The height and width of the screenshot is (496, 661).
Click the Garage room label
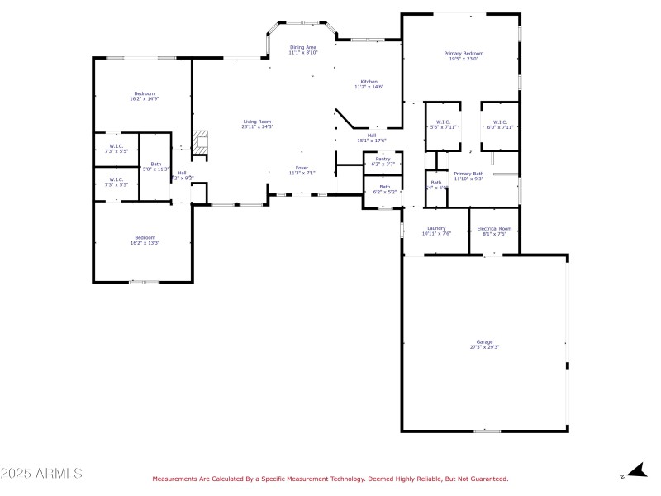[x=484, y=341]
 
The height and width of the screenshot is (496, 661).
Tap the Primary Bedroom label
[x=466, y=54]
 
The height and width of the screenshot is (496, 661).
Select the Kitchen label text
[x=369, y=82]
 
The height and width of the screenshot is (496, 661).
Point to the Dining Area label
[x=303, y=48]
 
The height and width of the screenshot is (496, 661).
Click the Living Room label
[x=257, y=122]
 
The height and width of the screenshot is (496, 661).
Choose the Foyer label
[x=302, y=168]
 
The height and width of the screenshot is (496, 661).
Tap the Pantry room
[x=383, y=161]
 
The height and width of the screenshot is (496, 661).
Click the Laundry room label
[x=436, y=229]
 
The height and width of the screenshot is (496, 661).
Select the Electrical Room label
[x=494, y=229]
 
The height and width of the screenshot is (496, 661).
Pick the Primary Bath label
[x=468, y=174]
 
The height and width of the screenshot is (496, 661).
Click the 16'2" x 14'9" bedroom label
[x=145, y=94]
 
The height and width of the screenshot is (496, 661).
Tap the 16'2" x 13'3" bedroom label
[x=145, y=238]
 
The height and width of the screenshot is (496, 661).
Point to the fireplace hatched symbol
[x=198, y=141]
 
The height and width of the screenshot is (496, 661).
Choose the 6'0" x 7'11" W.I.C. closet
[x=501, y=125]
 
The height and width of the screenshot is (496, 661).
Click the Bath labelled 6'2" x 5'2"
[x=385, y=189]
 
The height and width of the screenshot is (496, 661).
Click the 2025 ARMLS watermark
[x=41, y=474]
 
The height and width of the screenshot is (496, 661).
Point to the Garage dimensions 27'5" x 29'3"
[x=484, y=347]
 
